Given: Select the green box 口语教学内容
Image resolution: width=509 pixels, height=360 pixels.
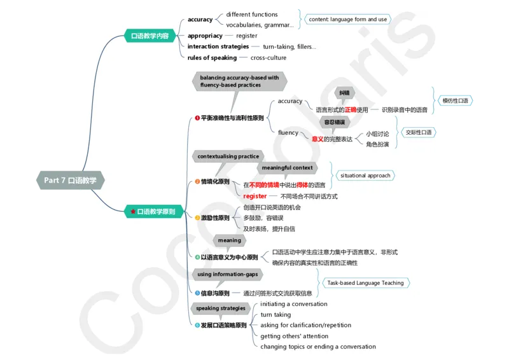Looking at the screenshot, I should (150, 36).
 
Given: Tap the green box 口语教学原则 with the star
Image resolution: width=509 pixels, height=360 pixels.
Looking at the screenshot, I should (153, 211).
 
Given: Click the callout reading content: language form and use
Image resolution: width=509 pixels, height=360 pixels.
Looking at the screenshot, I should (347, 20).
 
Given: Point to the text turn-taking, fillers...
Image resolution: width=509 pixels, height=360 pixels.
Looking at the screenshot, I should (289, 46).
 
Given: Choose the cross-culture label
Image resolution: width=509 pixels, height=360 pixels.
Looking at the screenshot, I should (268, 58).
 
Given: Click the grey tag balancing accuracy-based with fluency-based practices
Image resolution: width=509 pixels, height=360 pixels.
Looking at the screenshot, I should (239, 81).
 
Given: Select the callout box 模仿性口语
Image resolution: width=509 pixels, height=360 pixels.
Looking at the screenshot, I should (455, 101).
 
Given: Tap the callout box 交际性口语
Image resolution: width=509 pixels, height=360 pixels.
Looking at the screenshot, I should (419, 132).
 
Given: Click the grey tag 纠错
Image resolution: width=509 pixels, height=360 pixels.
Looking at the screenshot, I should (344, 93).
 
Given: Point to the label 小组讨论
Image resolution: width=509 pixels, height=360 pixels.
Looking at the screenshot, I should (377, 134).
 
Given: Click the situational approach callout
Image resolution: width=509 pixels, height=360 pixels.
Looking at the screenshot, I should (365, 176).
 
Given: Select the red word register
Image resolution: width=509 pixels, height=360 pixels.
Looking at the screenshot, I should (255, 197).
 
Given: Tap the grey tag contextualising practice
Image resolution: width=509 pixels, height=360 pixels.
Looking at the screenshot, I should (228, 156).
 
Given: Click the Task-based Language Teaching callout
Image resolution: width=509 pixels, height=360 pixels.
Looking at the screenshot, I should (365, 283).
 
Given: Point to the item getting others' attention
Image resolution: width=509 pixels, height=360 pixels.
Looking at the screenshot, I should (294, 336).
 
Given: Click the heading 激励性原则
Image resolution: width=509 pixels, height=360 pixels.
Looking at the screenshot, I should (215, 218).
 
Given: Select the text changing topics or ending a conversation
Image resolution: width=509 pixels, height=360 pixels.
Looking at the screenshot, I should (318, 347).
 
